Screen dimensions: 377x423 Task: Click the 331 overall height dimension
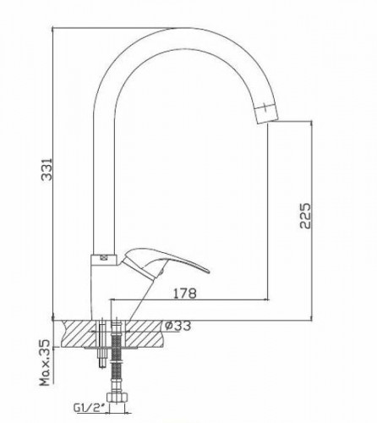[x=47, y=169]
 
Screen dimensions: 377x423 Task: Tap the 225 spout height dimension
[x=305, y=216]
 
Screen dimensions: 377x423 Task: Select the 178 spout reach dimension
[x=184, y=294]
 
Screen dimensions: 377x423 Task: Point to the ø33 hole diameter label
[x=178, y=326]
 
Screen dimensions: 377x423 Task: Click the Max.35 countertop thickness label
[x=45, y=363]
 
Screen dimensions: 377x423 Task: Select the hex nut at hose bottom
[x=117, y=397]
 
